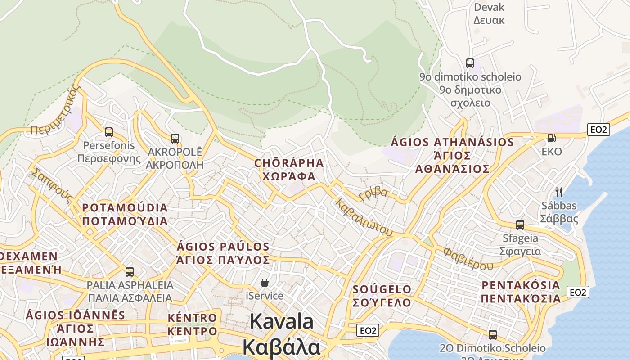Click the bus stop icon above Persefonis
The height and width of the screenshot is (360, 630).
pos(108,132)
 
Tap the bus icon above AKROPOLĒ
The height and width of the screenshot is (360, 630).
pos(175,139)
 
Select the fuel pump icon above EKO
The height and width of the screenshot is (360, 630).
pos(551,138)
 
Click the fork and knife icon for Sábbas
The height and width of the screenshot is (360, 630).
pos(559,192)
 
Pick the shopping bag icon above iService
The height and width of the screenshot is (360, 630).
pos(265,283)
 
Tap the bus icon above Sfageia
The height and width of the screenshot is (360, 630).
pos(520,225)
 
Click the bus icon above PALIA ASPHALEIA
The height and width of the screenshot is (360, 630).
pos(130,272)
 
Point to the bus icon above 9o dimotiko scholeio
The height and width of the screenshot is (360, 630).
pos(470,63)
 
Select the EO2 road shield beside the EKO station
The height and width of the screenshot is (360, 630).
pos(599,130)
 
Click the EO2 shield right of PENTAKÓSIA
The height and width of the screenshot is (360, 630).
pos(578,292)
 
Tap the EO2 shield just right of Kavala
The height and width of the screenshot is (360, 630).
pos(368,331)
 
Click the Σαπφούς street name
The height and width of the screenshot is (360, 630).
pos(51,185)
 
